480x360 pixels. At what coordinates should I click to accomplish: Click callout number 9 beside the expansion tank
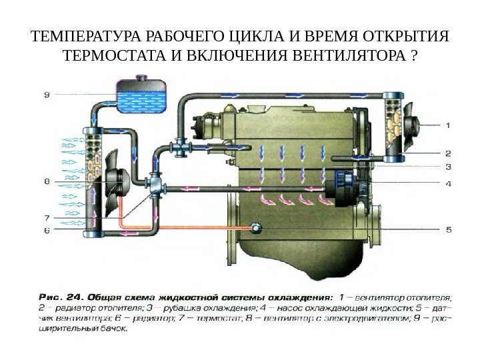(x=46, y=94)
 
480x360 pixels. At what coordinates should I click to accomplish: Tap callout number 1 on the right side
(x=447, y=124)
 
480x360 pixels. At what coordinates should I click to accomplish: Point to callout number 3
(x=447, y=167)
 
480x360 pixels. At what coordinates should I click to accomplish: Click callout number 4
(x=447, y=182)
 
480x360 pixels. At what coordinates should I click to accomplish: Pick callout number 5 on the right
(x=447, y=230)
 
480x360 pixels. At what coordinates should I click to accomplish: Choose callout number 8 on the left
(x=46, y=181)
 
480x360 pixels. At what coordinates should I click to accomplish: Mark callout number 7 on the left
(x=46, y=217)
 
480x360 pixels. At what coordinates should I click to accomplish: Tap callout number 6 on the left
(x=46, y=230)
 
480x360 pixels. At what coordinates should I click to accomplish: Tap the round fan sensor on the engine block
(x=255, y=229)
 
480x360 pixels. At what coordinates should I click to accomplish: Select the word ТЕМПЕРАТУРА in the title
(x=78, y=35)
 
